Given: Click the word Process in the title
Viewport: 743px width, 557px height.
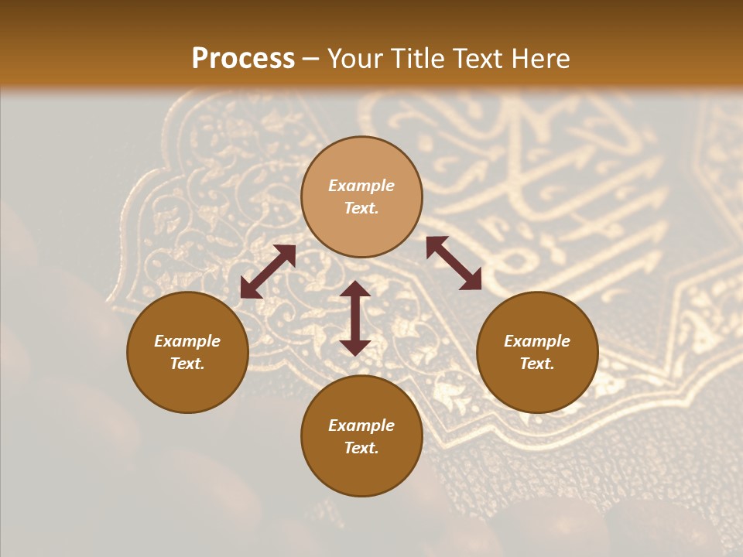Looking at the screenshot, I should [x=243, y=59].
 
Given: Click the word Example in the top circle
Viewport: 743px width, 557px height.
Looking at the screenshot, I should [x=361, y=186].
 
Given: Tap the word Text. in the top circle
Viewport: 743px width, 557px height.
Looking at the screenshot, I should [x=361, y=208].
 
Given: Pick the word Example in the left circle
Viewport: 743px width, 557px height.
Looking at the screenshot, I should [x=187, y=341].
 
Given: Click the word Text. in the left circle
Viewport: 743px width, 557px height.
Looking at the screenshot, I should [x=187, y=364].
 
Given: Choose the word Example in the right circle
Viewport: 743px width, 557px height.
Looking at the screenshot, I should [x=537, y=341].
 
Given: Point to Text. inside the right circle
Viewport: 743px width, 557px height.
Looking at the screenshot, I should [x=537, y=364].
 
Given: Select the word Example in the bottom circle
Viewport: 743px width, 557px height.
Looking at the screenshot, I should [x=361, y=425].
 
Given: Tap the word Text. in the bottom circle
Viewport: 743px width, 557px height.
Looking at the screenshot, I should [x=361, y=448].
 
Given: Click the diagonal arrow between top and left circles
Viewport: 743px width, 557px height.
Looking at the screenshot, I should [x=268, y=272].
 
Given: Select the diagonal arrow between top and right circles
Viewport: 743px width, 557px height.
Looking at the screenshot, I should [x=454, y=263].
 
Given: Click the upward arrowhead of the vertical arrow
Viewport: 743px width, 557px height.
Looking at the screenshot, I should [x=355, y=289].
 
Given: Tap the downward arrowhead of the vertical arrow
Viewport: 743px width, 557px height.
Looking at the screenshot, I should [x=355, y=347].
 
